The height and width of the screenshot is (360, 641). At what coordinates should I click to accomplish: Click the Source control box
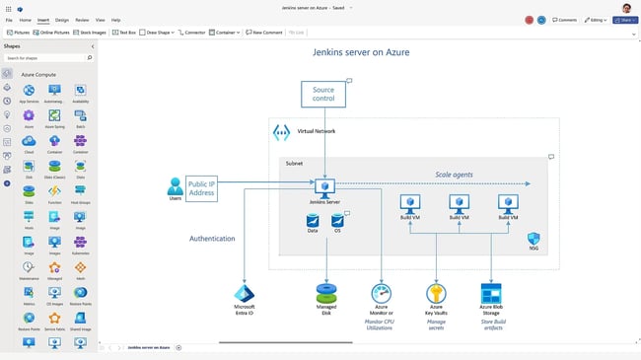pyautogui.click(x=323, y=94)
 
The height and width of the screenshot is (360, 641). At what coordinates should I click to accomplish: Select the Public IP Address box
pyautogui.click(x=201, y=187)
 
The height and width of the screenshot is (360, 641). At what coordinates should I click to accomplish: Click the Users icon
pyautogui.click(x=175, y=184)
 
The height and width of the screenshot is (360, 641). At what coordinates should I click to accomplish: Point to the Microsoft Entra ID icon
pyautogui.click(x=245, y=293)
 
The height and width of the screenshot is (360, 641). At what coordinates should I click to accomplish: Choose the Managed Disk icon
pyautogui.click(x=326, y=293)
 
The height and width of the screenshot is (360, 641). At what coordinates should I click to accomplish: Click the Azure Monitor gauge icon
pyautogui.click(x=381, y=293)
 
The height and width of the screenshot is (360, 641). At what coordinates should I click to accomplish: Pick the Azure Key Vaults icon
pyautogui.click(x=436, y=293)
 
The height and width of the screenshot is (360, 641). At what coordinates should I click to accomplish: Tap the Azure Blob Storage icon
pyautogui.click(x=491, y=293)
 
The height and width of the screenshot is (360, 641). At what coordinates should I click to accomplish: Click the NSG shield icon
pyautogui.click(x=534, y=239)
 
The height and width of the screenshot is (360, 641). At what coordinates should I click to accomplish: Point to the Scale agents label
pyautogui.click(x=454, y=175)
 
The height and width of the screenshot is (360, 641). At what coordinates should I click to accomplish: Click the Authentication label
pyautogui.click(x=212, y=238)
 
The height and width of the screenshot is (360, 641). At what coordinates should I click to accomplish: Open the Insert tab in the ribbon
pyautogui.click(x=42, y=19)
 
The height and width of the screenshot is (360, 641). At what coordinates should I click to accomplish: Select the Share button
pyautogui.click(x=624, y=19)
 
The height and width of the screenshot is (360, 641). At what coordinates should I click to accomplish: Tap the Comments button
pyautogui.click(x=565, y=19)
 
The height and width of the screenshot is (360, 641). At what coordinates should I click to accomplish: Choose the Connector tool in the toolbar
pyautogui.click(x=192, y=32)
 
